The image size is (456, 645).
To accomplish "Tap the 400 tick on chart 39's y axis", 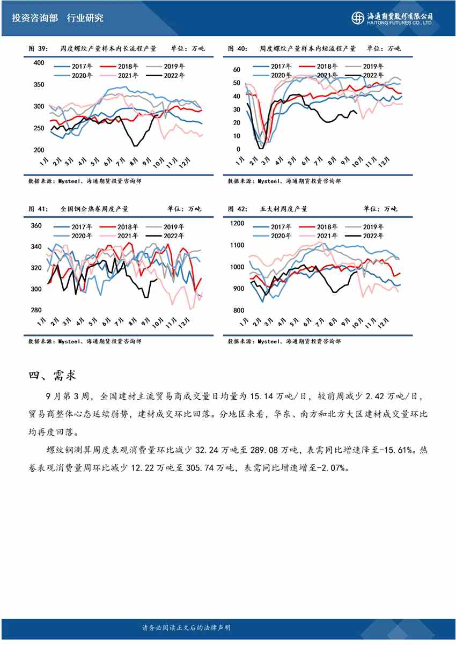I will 39,63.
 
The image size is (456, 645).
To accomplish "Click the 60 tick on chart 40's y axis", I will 236,70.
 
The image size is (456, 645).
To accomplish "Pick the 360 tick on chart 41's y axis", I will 36,226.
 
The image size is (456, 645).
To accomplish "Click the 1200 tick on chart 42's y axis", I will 237,224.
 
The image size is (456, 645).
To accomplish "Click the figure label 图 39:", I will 38,49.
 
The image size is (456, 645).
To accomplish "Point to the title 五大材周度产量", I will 285,209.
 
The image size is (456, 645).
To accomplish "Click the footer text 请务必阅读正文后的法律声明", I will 186,627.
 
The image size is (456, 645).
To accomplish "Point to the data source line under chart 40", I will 284,181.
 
